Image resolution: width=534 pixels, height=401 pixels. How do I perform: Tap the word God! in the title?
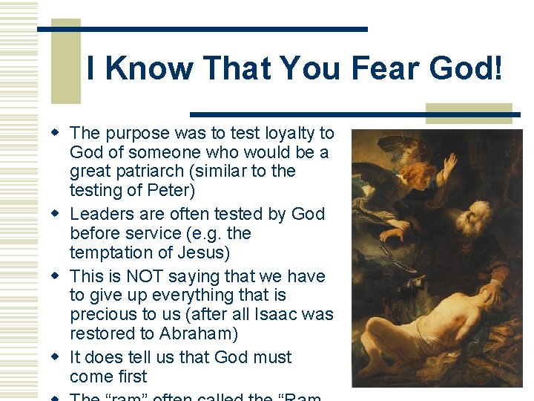click(469, 69)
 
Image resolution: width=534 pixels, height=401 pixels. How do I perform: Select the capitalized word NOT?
click(147, 276)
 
